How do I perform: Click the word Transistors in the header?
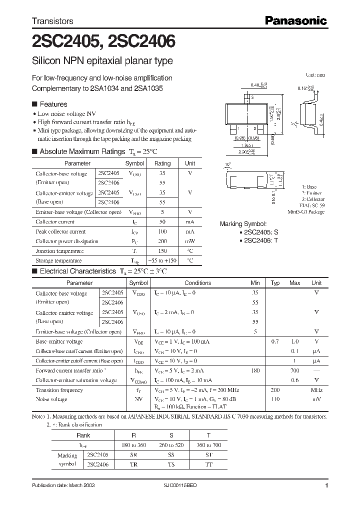pos(52,21)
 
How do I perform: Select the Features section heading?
pos(53,104)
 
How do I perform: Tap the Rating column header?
pos(162,163)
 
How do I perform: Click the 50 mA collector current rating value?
pos(162,222)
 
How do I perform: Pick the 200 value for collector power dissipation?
pos(162,241)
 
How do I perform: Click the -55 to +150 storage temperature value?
pos(162,261)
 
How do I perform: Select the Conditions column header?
pos(198,283)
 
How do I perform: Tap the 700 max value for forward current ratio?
pos(294,370)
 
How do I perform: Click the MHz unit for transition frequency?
pos(316,390)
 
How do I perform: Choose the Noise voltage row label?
pos(51,399)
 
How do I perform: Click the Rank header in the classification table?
pos(83,435)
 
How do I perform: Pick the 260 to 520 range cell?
pos(171,445)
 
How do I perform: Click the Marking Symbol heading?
pos(243,224)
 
